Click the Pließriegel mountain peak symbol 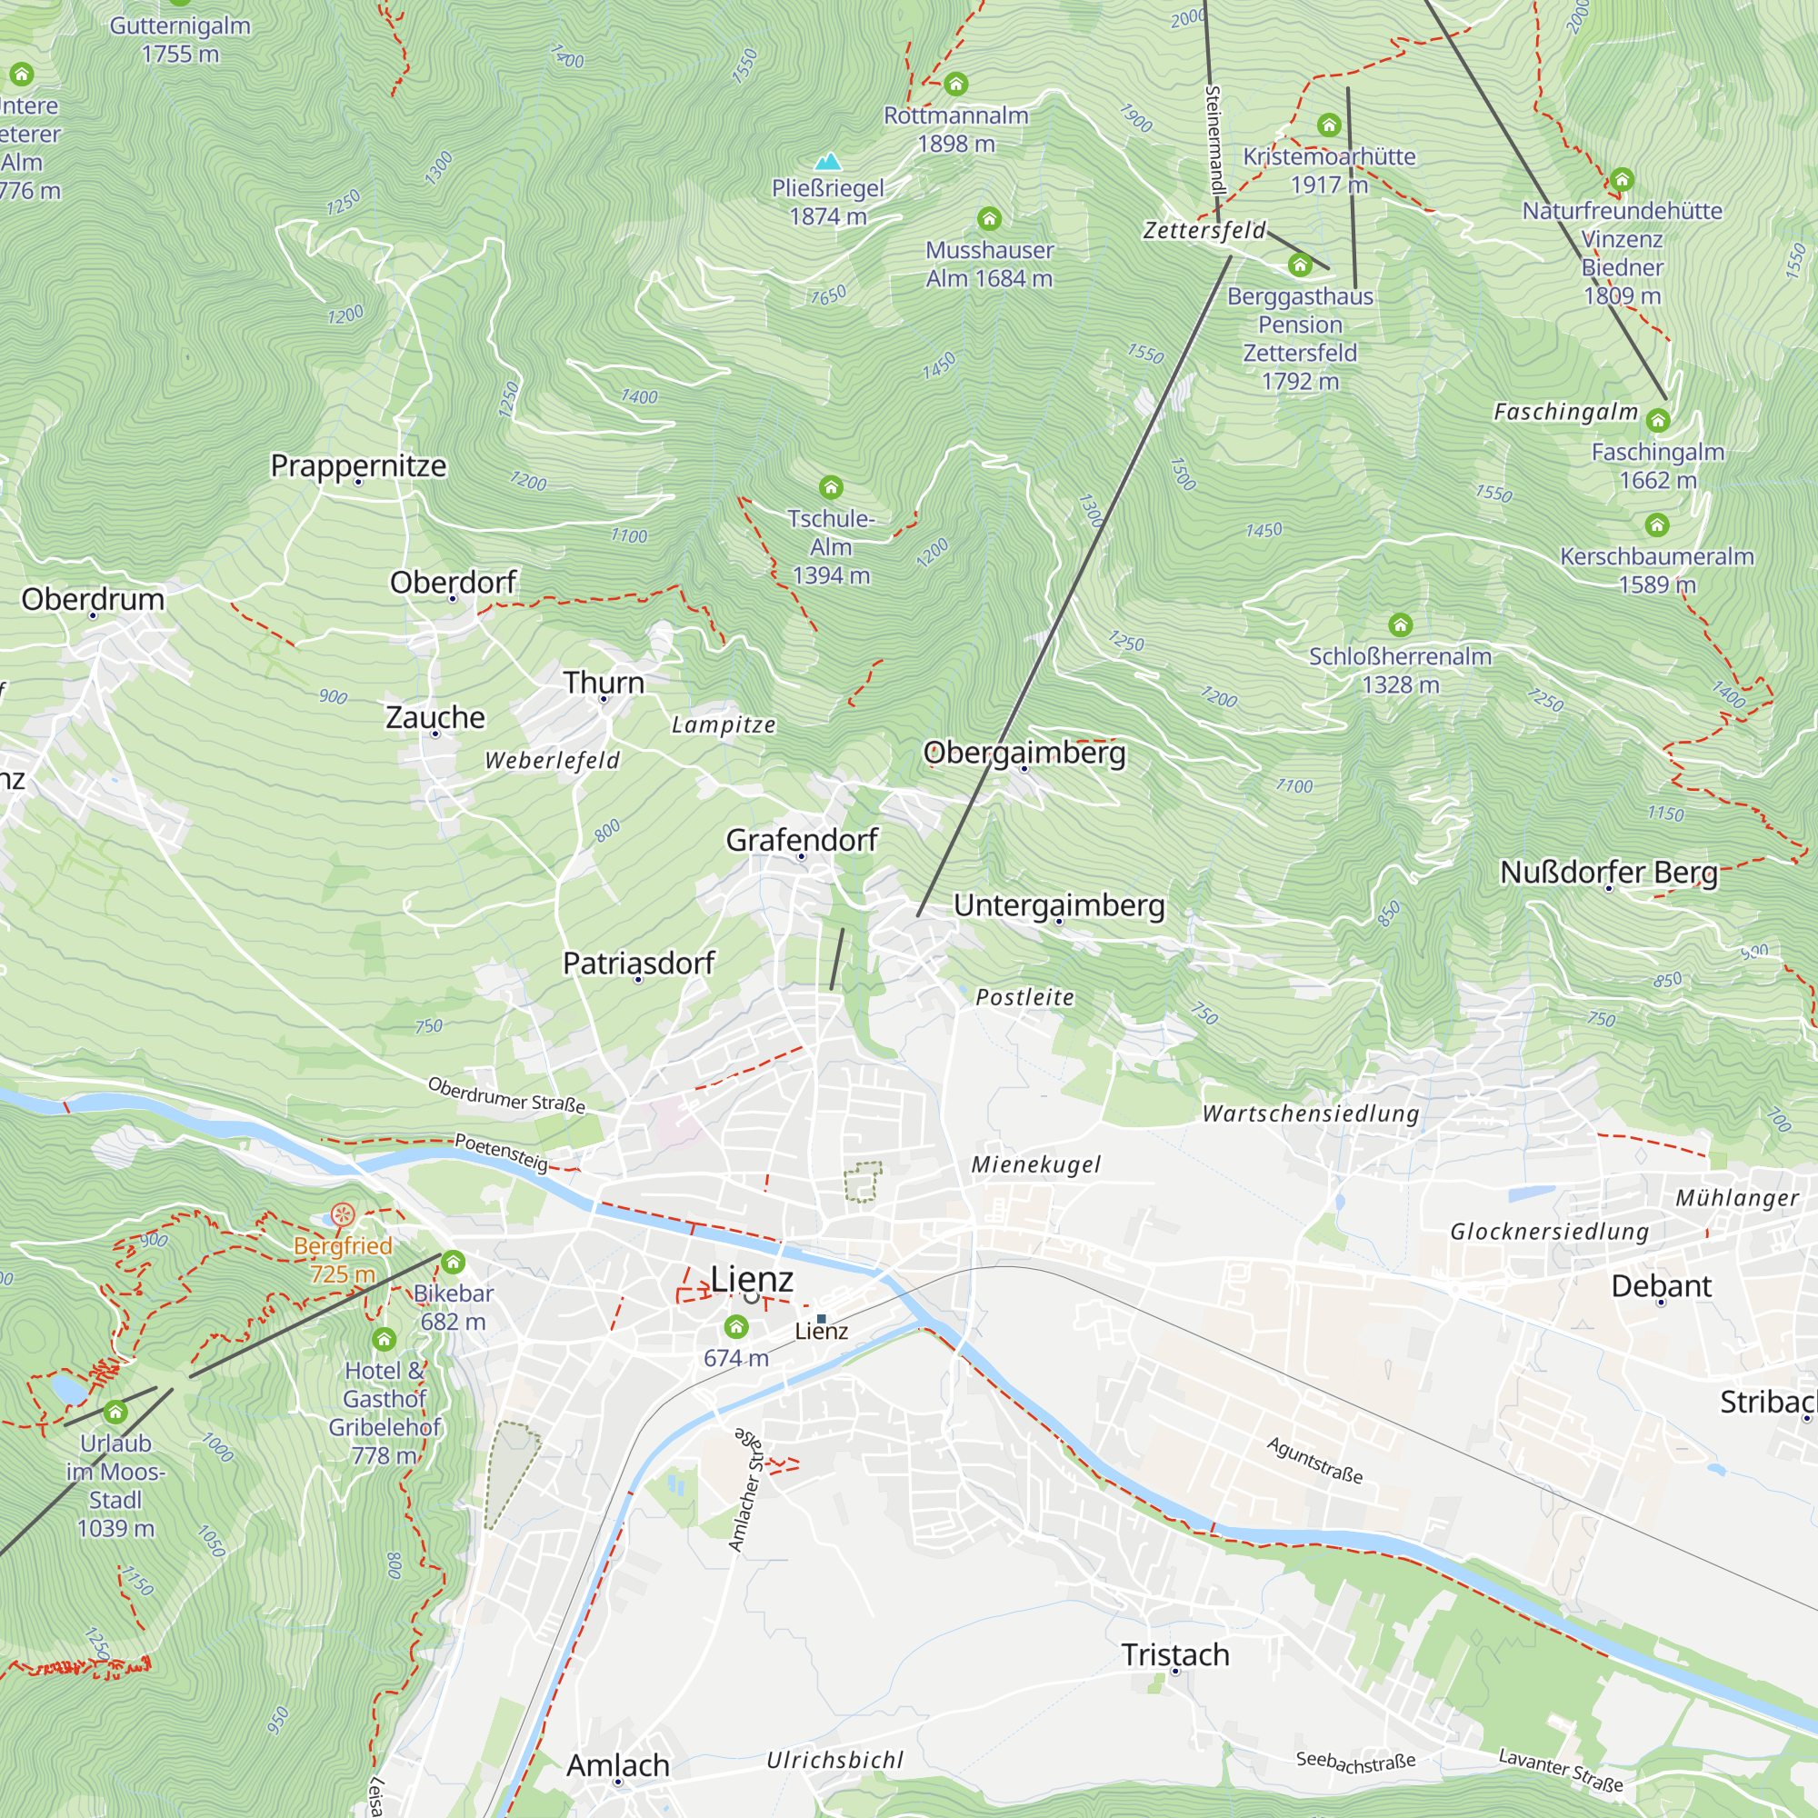tap(827, 162)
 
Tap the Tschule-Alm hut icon tap(831, 486)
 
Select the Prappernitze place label tap(358, 465)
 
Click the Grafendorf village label tap(802, 839)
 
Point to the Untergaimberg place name tap(1059, 904)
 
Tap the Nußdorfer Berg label tap(1608, 873)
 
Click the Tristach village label tap(1175, 1654)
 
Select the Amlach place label tap(618, 1765)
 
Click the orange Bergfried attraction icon tap(343, 1214)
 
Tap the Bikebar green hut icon tap(454, 1262)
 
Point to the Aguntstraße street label tap(1314, 1461)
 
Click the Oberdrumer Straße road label tap(506, 1095)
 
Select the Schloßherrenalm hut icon tap(1400, 624)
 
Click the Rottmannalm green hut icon tap(956, 85)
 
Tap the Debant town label tap(1661, 1285)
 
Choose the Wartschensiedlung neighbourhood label tap(1311, 1114)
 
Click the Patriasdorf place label tap(639, 963)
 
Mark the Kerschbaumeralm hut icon tap(1657, 525)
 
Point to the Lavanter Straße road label tap(1560, 1769)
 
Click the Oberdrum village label tap(93, 599)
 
